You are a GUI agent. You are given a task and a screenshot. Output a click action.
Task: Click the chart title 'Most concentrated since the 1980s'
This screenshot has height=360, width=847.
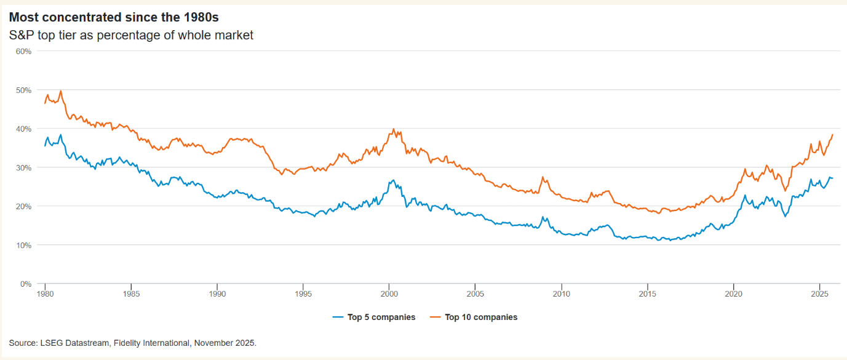coord(113,17)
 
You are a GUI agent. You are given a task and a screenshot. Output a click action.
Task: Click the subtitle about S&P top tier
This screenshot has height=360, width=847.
coord(131,35)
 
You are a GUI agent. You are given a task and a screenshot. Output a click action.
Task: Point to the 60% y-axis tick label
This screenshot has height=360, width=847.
coord(23,51)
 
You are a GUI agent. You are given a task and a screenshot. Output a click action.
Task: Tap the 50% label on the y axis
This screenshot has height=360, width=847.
coord(23,90)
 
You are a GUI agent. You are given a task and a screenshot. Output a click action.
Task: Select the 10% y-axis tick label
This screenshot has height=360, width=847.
coord(23,245)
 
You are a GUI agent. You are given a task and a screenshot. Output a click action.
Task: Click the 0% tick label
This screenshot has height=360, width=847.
coord(25,284)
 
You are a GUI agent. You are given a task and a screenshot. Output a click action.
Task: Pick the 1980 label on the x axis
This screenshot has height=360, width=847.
coord(45,294)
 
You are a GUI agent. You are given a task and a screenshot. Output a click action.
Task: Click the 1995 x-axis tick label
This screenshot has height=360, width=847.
coord(303,294)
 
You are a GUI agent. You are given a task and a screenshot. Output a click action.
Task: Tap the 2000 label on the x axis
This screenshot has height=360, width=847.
coord(389,294)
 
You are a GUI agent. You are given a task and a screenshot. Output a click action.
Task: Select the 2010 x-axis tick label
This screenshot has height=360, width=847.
coord(561,294)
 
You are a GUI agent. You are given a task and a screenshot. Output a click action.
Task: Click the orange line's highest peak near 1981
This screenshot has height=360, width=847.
coord(61,91)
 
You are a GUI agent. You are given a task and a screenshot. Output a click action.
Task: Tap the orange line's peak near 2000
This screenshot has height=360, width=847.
coord(393,129)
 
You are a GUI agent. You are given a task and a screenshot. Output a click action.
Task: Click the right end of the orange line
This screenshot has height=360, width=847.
coord(833,134)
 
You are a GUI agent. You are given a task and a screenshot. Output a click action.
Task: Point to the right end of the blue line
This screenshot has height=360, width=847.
coord(833,178)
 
